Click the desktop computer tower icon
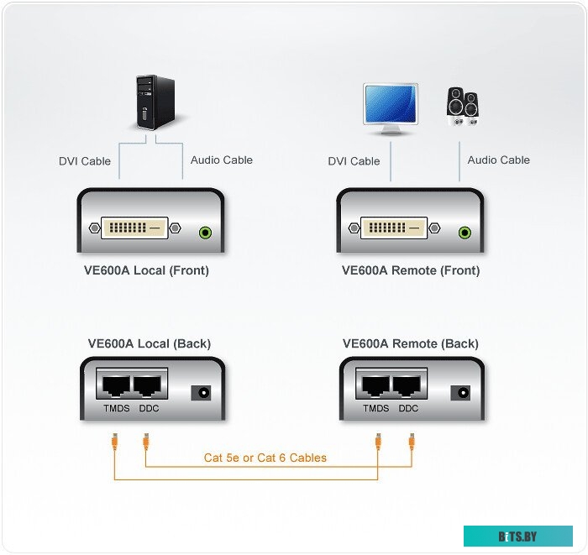[155, 102]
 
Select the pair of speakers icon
[462, 106]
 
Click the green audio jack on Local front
[204, 232]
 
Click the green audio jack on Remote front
[465, 232]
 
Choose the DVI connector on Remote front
[394, 227]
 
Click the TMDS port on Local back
[115, 385]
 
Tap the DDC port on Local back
[149, 385]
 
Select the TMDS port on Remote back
[375, 385]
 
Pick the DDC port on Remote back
[408, 385]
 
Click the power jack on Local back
[201, 391]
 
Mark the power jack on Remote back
[460, 391]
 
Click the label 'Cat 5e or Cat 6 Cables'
[265, 458]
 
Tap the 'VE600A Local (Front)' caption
[152, 270]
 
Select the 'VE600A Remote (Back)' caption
[411, 343]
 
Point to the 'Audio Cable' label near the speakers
[499, 160]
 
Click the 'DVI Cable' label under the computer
[85, 161]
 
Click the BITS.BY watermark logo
[517, 536]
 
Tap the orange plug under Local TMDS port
[114, 440]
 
